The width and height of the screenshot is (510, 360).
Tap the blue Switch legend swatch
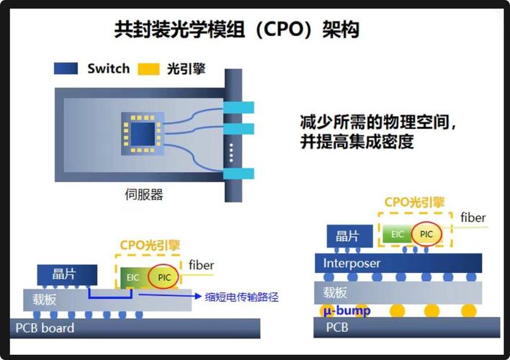[66, 69]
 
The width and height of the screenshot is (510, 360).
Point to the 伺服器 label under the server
[144, 194]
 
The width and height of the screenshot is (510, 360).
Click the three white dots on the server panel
[231, 153]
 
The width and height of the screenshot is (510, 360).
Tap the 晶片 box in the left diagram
[66, 274]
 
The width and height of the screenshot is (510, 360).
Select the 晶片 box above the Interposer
[348, 235]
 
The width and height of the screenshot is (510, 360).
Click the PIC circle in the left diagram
[164, 277]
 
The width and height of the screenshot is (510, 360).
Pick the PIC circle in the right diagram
[427, 234]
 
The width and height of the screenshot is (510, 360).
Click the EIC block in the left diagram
[133, 278]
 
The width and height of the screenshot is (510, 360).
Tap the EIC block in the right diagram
[398, 234]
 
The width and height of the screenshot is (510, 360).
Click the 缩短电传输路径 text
[241, 296]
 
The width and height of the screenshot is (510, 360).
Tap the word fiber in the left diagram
[201, 265]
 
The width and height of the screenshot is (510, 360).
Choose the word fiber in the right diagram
[473, 217]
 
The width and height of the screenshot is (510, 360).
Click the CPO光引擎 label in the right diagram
[414, 202]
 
